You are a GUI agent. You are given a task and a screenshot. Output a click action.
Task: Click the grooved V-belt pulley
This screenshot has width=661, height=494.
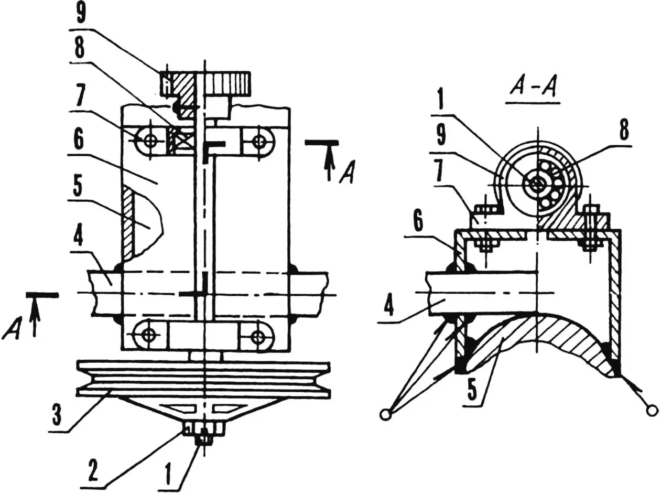tap(203, 379)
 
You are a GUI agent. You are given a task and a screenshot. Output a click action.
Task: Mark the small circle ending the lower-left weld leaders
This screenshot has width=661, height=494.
tap(385, 415)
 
